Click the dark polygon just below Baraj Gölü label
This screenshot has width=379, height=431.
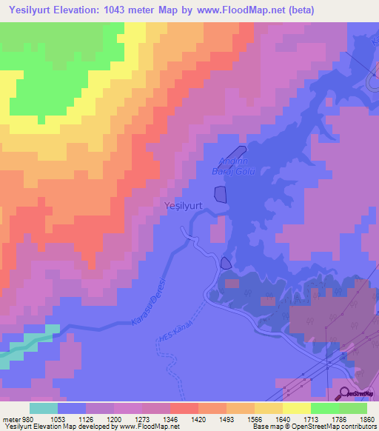click(x=221, y=194)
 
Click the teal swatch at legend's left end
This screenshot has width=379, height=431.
click(x=44, y=408)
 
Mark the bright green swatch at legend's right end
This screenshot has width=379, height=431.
click(x=352, y=408)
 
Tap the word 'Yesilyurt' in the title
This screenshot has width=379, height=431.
click(x=34, y=10)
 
